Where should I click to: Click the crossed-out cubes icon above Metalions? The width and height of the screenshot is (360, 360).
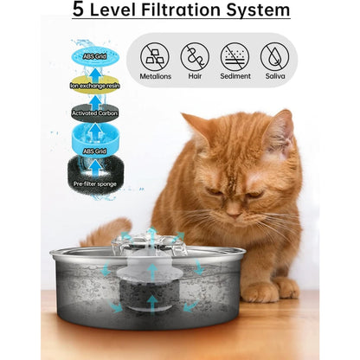[x=155, y=57]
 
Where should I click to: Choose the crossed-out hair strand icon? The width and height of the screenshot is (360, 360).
[x=195, y=57]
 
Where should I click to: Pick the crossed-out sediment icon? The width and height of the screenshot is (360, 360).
[x=235, y=57]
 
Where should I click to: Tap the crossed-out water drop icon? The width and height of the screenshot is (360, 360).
[x=274, y=57]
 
